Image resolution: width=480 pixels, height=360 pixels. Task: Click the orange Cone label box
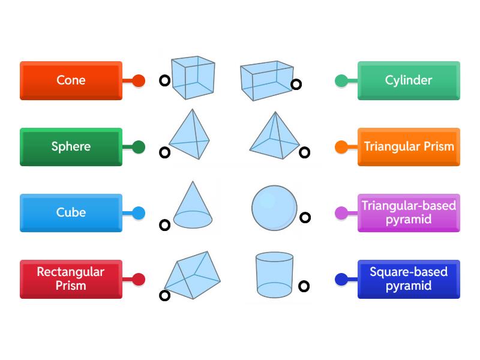[x=71, y=80]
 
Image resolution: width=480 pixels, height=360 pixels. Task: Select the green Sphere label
[x=71, y=146]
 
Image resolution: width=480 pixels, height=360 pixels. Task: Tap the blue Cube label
[x=71, y=212]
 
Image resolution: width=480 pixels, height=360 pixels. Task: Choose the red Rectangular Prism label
[x=71, y=279]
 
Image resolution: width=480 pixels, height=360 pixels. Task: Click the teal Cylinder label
[x=409, y=80]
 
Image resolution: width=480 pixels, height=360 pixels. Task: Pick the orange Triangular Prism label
[x=409, y=146]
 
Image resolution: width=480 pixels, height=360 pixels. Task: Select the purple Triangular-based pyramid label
[x=409, y=212]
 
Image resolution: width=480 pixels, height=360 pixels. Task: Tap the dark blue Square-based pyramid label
[x=409, y=279]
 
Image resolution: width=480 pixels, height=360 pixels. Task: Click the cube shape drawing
[x=192, y=77]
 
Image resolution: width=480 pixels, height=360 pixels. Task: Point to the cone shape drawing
[x=192, y=207]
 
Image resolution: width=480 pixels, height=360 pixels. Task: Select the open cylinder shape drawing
[x=274, y=274]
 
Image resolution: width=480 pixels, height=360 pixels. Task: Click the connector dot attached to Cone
[x=139, y=80]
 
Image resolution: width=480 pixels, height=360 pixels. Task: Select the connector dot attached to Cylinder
[x=341, y=80]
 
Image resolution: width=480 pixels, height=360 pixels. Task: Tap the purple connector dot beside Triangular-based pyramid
[x=341, y=212]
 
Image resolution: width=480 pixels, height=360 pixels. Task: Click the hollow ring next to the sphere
[x=305, y=218]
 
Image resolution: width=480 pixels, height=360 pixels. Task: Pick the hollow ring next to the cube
[x=164, y=81]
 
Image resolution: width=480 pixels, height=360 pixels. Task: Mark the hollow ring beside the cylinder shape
[x=304, y=287]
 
